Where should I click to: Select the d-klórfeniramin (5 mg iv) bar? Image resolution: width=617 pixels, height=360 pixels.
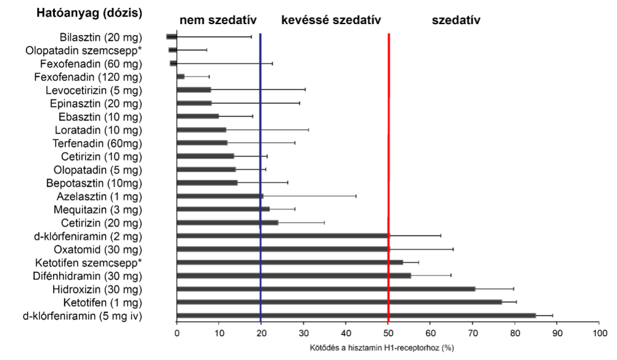coord(355,315)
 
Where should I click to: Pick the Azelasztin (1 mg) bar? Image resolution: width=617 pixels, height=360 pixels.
coord(220,196)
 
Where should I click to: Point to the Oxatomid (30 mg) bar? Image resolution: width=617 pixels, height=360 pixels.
coord(283,249)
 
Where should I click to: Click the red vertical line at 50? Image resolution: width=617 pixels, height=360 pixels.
coord(389,181)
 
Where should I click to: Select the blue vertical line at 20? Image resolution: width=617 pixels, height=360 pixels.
coord(260,181)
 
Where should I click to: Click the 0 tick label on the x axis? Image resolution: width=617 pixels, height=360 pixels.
coord(177,333)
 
